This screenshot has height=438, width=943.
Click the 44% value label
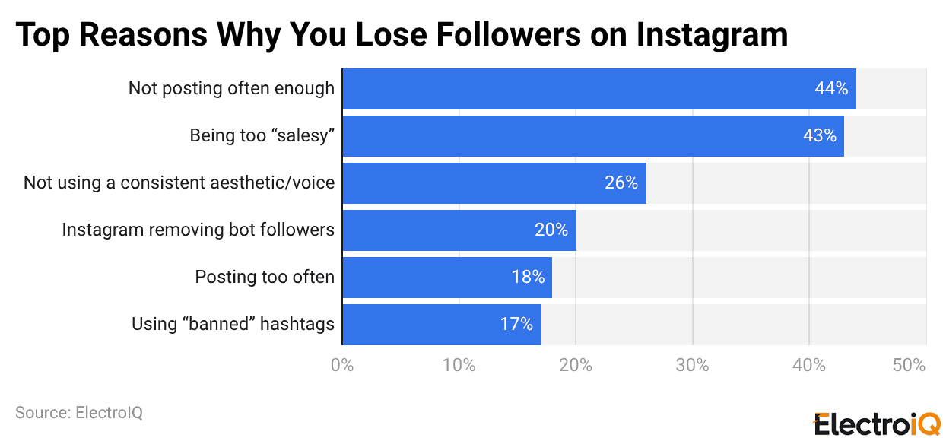[x=831, y=89]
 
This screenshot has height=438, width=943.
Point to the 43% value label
[x=820, y=136]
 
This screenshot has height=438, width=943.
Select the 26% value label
[x=621, y=183]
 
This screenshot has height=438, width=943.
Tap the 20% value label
[x=551, y=230]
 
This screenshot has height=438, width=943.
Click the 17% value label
[x=516, y=325]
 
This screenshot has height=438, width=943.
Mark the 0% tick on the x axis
[x=342, y=366]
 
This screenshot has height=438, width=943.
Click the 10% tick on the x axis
[x=459, y=366]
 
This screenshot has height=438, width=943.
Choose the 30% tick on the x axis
[x=692, y=366]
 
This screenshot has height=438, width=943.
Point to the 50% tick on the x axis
[x=910, y=366]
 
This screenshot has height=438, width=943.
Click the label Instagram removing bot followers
[x=198, y=230]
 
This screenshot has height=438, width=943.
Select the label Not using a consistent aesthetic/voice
[x=179, y=182]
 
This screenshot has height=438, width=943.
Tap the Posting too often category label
[x=265, y=277]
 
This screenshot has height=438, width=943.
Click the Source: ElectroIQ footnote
[x=79, y=413]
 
